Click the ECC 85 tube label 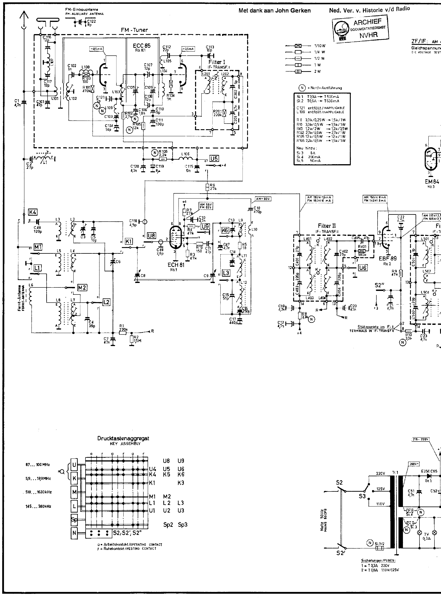[x=141, y=46]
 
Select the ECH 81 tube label [x=176, y=265]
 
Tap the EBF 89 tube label [x=388, y=258]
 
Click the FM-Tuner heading [x=134, y=30]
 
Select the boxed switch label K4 [x=33, y=212]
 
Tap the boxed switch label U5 [x=214, y=159]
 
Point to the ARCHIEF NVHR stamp [x=360, y=29]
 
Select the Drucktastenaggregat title [x=123, y=438]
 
